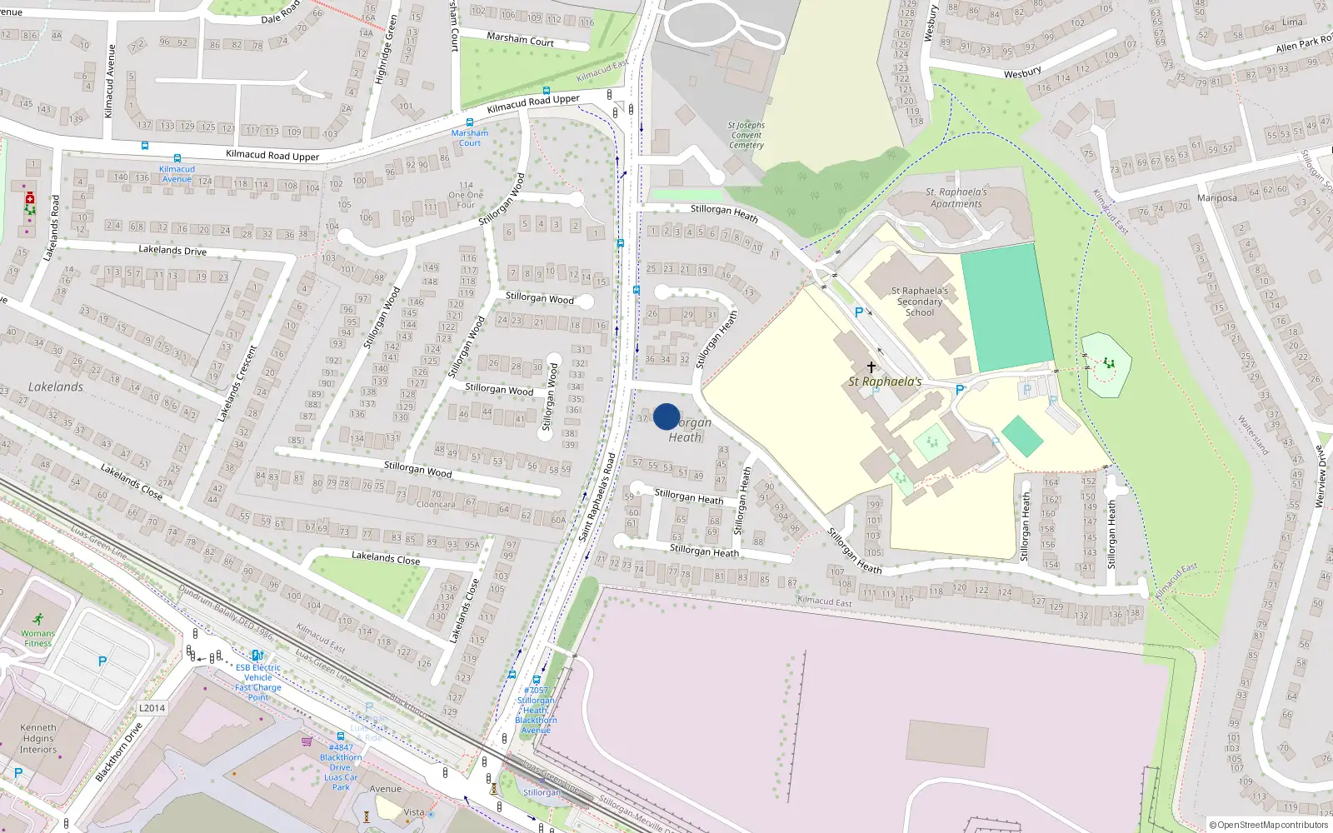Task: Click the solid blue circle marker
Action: tap(666, 416)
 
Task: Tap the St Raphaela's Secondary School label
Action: tap(920, 302)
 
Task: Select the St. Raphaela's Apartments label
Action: tap(956, 197)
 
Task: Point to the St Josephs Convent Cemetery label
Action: tap(746, 135)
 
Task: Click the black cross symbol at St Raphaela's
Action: tap(871, 367)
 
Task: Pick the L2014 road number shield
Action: tap(152, 708)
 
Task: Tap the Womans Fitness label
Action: tap(37, 638)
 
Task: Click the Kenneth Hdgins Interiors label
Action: tap(38, 738)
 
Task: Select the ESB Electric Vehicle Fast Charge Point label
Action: tap(258, 682)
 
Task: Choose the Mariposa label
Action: tap(1216, 197)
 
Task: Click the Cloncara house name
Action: tap(436, 504)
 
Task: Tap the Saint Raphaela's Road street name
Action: tap(597, 497)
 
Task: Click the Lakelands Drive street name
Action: tap(172, 250)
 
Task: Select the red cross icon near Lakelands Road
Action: tap(30, 198)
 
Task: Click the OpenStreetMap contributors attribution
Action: tap(1269, 825)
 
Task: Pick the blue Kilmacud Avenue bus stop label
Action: tap(177, 173)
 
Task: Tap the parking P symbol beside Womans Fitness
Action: tap(102, 661)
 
